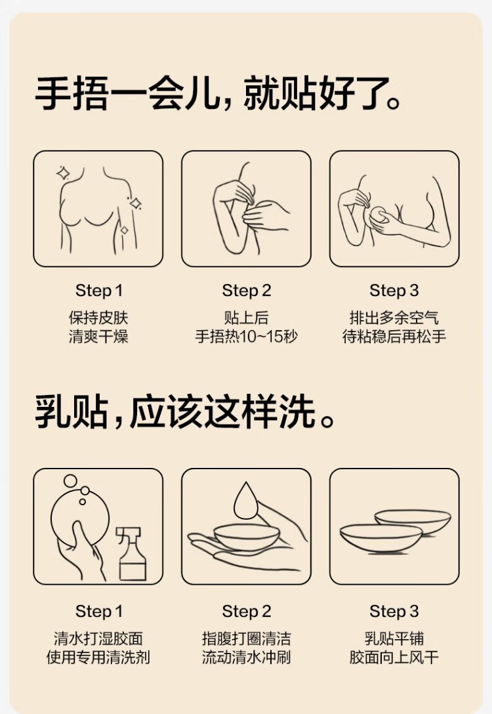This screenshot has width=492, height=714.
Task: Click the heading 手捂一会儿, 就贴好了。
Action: coord(218,94)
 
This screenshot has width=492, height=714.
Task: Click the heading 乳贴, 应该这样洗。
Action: coord(184,412)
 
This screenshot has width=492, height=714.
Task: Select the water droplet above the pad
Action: coord(246,500)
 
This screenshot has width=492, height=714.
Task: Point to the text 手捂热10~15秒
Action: coord(246,337)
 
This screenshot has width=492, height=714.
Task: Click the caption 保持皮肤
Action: coord(98,318)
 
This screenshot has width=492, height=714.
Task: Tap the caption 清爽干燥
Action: coord(98,337)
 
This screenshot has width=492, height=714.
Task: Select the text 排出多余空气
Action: coord(394,318)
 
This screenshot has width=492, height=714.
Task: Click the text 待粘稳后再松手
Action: coord(394,337)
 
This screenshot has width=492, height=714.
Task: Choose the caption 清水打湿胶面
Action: coord(98,639)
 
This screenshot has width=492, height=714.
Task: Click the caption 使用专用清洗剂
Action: coord(98,658)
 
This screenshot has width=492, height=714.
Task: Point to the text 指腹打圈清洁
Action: coord(246,639)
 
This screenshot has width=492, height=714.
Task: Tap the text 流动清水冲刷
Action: coord(246,658)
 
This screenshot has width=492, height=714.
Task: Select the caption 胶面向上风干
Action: coord(394,658)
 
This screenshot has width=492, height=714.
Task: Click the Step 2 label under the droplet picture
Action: coord(246,611)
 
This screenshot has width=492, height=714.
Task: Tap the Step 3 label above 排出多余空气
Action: coord(394,291)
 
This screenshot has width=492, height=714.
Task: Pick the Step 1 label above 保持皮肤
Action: coord(99,291)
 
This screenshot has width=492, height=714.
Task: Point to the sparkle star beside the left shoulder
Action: coord(63,173)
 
